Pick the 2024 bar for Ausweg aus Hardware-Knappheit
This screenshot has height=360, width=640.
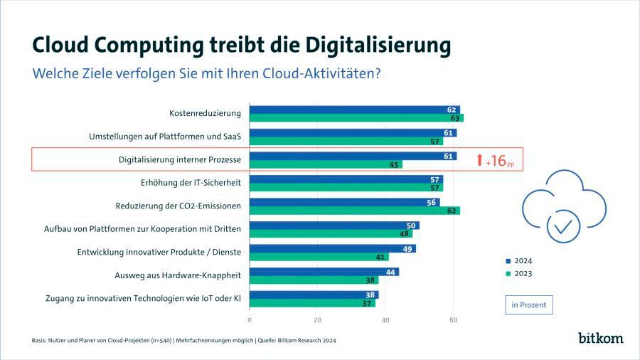324,271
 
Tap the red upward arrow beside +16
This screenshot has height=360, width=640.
480,160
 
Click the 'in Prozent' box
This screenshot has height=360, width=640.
528,305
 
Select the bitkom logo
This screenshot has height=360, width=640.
600,337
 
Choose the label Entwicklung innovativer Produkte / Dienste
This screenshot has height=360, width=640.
159,252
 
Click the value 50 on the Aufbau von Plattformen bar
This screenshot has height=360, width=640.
411,226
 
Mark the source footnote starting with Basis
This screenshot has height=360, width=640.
183,341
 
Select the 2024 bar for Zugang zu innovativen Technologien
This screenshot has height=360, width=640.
314,295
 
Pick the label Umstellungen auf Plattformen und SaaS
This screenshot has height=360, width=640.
165,137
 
